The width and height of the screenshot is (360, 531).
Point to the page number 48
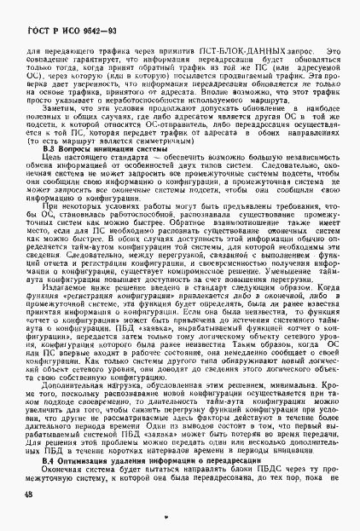coord(28,495)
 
